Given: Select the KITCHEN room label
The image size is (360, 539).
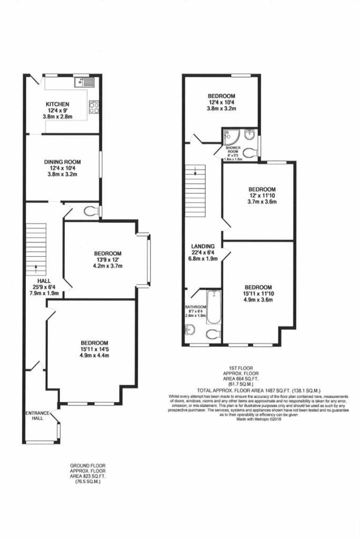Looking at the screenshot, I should [57, 104].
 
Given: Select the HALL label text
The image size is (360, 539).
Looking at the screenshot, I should [44, 281].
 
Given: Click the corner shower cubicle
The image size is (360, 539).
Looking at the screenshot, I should [230, 136].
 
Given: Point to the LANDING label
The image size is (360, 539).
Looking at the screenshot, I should [203, 246].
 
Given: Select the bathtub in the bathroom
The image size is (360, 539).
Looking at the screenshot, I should [214, 306].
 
